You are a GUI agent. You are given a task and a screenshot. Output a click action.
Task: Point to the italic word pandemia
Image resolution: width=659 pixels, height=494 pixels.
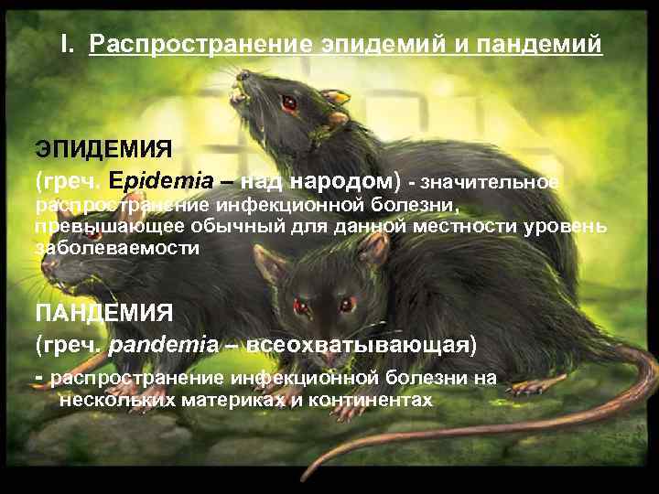click(164, 345)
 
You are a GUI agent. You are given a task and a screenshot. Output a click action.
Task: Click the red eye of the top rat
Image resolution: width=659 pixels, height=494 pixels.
click(290, 102)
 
